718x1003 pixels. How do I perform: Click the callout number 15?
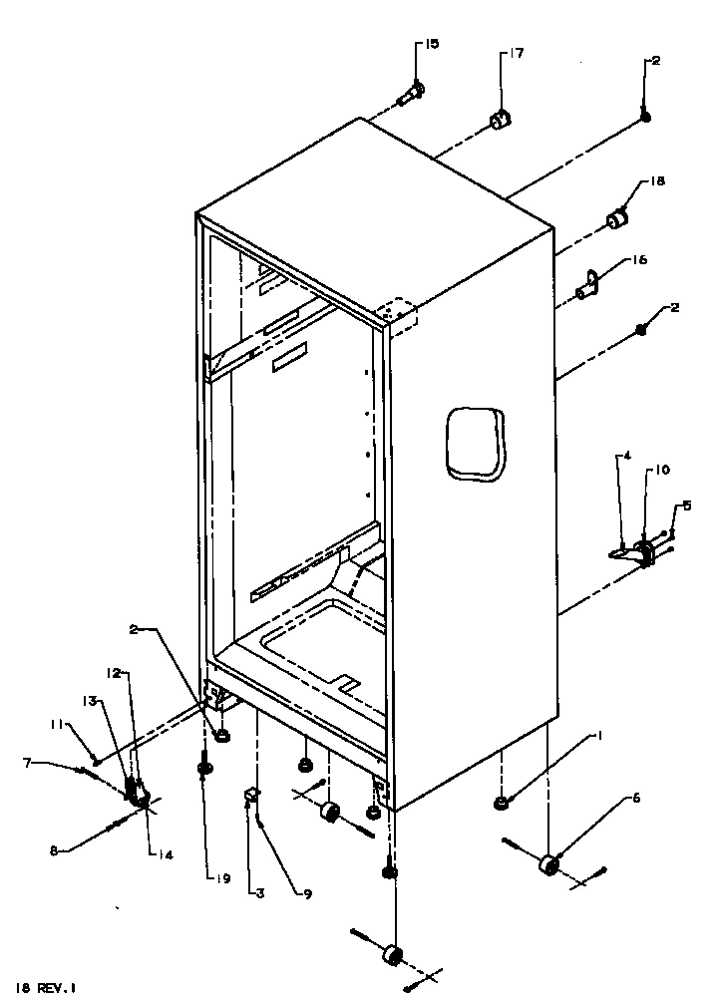point(432,44)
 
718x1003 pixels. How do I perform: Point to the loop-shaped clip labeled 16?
point(589,284)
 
